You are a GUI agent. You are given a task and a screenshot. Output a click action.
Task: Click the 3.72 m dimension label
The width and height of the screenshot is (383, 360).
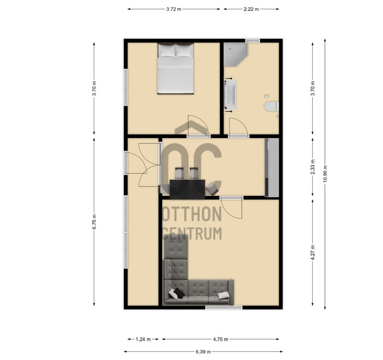174,9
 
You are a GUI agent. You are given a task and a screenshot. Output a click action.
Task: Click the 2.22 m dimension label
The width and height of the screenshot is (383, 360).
251,9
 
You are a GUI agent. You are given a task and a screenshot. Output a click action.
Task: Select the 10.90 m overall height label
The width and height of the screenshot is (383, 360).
325,174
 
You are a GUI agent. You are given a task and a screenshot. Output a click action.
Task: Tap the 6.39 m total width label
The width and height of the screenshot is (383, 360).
203,352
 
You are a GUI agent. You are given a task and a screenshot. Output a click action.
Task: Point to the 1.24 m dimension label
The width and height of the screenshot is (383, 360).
143,339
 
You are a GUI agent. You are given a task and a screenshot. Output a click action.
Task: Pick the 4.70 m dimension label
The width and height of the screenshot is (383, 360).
221,339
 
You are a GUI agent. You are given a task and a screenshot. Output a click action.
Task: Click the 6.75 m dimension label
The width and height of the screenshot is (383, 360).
94,221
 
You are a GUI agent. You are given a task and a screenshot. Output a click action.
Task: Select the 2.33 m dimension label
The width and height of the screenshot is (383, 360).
313,167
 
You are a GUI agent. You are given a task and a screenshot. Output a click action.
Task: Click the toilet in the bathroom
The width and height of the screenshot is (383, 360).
272,107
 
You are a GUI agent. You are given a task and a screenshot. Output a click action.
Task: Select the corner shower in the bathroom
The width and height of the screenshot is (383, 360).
236,54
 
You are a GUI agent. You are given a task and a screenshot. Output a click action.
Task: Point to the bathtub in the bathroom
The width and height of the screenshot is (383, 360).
230,94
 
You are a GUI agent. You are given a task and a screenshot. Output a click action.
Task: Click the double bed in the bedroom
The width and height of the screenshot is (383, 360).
176,68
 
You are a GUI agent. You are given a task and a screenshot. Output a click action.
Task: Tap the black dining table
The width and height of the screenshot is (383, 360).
187,189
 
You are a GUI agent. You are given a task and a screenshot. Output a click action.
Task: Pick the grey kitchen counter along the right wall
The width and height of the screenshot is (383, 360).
272,167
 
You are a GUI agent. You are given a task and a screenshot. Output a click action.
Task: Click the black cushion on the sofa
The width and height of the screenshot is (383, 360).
179,293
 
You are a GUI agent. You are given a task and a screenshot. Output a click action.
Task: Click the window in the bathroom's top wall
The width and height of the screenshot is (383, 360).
252,41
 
